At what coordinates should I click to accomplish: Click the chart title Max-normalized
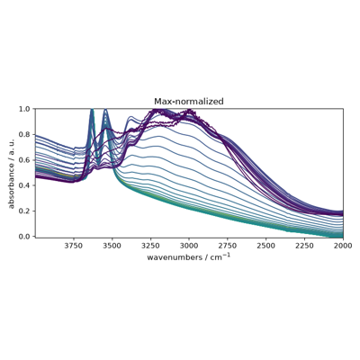pos(189,102)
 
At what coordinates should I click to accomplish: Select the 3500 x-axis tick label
pos(112,246)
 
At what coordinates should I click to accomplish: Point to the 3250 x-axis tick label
pos(150,246)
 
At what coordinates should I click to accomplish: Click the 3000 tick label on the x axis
pos(189,246)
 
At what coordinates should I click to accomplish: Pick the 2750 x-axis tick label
pos(228,246)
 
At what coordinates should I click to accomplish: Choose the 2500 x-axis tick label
pos(266,246)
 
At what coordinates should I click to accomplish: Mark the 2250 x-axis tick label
pos(304,246)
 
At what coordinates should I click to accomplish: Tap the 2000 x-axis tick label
pos(343,246)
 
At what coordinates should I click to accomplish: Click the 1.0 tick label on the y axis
pos(26,109)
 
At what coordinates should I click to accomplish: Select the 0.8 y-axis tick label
pos(26,134)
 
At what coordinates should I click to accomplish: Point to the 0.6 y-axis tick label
pos(26,160)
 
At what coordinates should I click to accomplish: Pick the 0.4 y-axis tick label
pos(26,185)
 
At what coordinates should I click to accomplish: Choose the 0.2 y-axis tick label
pos(26,211)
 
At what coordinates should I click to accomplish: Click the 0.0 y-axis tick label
pos(26,237)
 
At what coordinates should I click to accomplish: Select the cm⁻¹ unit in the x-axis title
pos(220,256)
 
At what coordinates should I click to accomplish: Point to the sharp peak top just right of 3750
pos(92,109)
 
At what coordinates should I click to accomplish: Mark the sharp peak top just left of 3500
pos(105,109)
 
